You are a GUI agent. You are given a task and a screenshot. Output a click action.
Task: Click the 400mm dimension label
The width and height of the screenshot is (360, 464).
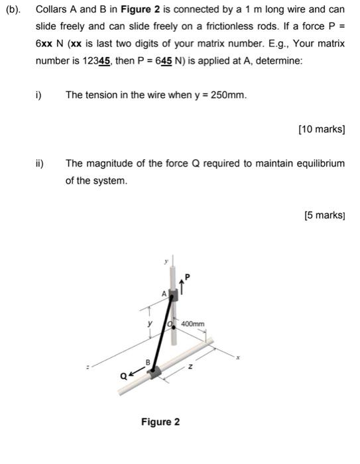(193, 323)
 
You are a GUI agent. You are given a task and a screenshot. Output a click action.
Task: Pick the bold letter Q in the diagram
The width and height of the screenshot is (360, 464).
(124, 376)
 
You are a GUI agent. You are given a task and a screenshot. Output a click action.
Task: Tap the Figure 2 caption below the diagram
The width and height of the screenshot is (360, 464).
(160, 422)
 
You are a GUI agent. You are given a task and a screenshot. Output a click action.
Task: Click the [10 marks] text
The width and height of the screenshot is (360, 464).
(322, 129)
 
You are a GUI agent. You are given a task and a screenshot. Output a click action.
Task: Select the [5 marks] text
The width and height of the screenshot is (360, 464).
(324, 215)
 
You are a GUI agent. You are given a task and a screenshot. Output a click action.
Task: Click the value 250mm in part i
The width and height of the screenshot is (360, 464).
(228, 95)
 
